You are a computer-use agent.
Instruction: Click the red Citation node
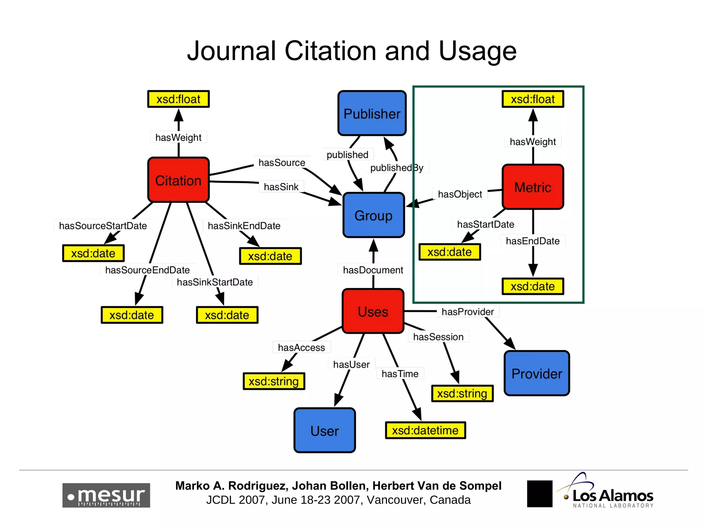tap(178, 180)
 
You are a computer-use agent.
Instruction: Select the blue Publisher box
tap(372, 113)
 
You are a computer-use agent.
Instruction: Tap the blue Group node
tap(374, 215)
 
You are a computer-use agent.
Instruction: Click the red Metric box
tap(533, 187)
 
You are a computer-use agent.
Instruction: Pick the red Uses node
tap(373, 311)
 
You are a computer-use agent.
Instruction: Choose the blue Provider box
tap(537, 373)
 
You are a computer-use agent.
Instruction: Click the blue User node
tap(324, 430)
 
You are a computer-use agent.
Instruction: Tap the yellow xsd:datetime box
tap(425, 430)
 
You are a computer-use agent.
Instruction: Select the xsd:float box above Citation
tap(178, 99)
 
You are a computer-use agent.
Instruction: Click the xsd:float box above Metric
tap(533, 99)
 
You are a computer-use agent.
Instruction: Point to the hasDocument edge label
tap(373, 270)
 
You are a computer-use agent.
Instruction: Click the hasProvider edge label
tap(467, 311)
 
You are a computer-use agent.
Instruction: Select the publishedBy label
tap(397, 168)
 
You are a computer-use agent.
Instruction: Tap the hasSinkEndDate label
tap(244, 225)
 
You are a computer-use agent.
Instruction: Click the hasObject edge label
tap(460, 194)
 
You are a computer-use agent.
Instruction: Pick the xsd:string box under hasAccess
tap(274, 381)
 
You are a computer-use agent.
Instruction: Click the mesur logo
tap(106, 495)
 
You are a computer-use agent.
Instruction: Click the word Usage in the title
tap(478, 51)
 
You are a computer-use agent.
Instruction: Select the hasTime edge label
tap(400, 374)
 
